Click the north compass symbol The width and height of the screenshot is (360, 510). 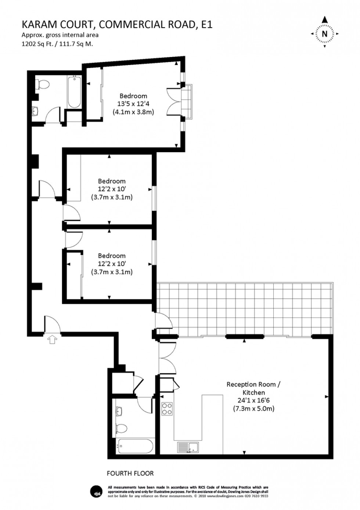[x=324, y=33]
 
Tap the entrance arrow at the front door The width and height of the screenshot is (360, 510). [x=52, y=340]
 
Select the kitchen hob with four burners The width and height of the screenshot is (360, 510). [x=167, y=409]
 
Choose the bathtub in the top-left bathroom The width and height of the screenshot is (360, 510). [x=74, y=92]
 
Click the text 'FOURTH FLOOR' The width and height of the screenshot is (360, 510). [x=130, y=474]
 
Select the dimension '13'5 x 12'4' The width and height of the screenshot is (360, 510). [x=133, y=104]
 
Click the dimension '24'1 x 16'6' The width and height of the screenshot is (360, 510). [x=253, y=401]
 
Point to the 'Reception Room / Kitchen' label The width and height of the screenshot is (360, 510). [x=253, y=388]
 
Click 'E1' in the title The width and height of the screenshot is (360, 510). [x=205, y=25]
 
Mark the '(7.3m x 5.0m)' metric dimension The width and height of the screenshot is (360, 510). [x=253, y=409]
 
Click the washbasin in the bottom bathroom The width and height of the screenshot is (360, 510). [x=119, y=412]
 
